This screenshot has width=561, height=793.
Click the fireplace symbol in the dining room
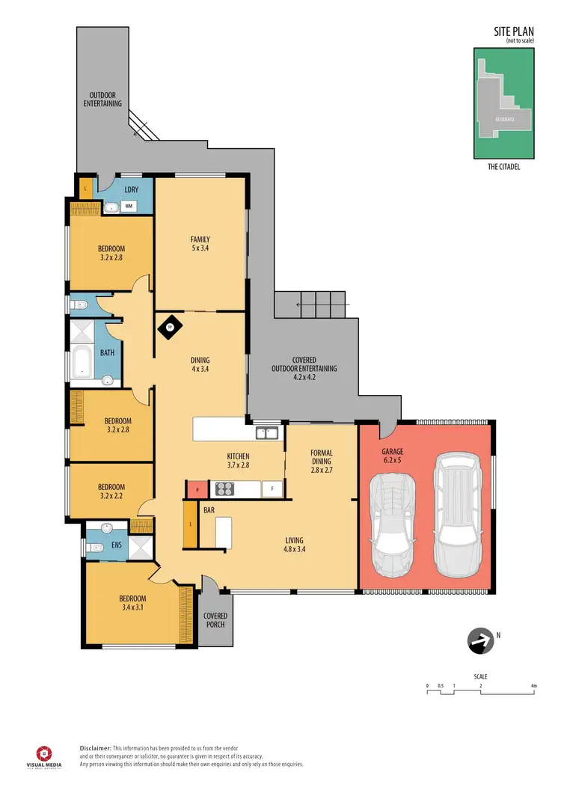click(170, 326)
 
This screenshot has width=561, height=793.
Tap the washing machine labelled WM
click(129, 206)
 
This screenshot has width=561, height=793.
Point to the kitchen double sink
click(266, 432)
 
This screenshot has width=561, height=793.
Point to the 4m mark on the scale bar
click(533, 685)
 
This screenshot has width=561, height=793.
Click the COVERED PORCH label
click(215, 620)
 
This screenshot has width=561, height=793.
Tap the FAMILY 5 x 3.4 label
click(200, 245)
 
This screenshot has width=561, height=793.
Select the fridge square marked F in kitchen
click(272, 490)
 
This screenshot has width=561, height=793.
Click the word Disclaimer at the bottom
click(96, 748)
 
